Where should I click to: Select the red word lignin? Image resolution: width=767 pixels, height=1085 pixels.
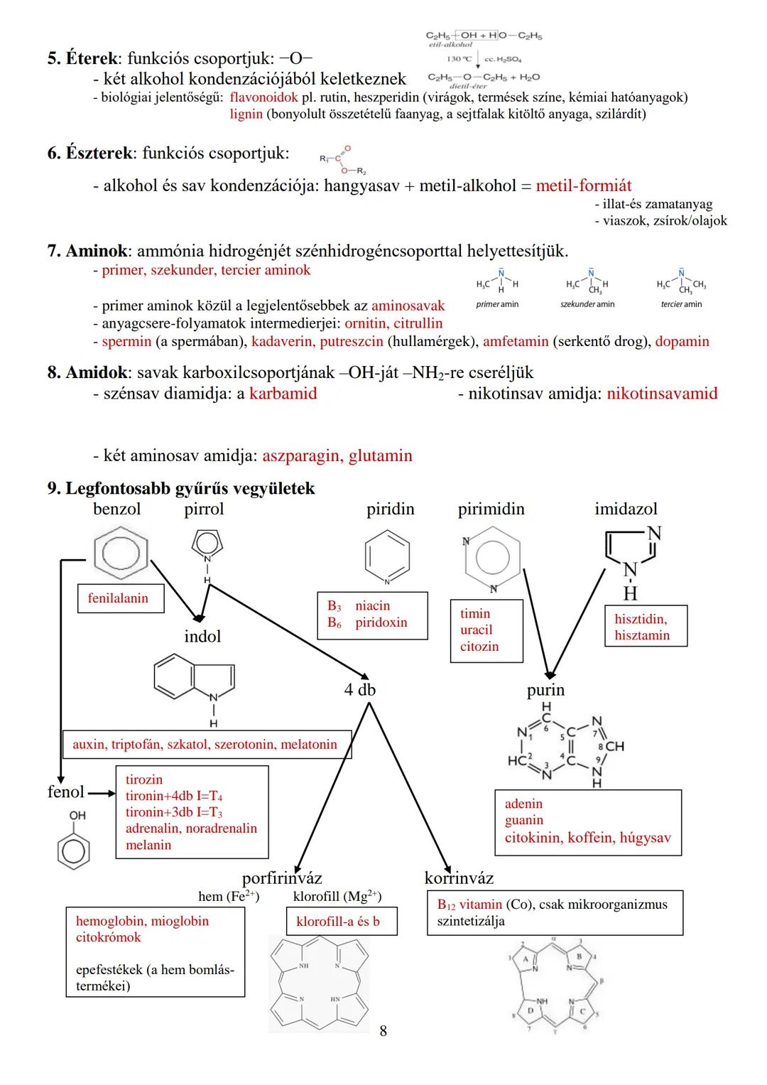pyautogui.click(x=246, y=114)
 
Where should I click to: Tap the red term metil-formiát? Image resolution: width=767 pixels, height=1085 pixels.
pyautogui.click(x=583, y=186)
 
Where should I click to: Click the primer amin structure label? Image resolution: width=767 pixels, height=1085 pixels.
pyautogui.click(x=497, y=304)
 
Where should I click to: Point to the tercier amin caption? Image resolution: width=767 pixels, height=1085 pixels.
pyautogui.click(x=681, y=304)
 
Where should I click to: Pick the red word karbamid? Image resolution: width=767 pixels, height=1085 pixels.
pyautogui.click(x=283, y=394)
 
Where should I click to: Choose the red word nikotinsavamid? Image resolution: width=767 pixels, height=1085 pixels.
pyautogui.click(x=662, y=394)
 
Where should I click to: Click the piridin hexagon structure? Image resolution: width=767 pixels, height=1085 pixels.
pyautogui.click(x=387, y=555)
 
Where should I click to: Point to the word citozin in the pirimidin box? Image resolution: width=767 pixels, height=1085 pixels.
pyautogui.click(x=479, y=647)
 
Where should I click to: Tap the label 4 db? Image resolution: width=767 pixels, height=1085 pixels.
pyautogui.click(x=359, y=690)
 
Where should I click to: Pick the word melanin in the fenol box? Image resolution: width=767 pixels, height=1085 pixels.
pyautogui.click(x=148, y=845)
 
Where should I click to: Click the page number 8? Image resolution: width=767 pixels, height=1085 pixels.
pyautogui.click(x=383, y=1030)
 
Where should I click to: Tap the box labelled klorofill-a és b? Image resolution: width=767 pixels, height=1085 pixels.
pyautogui.click(x=338, y=922)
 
